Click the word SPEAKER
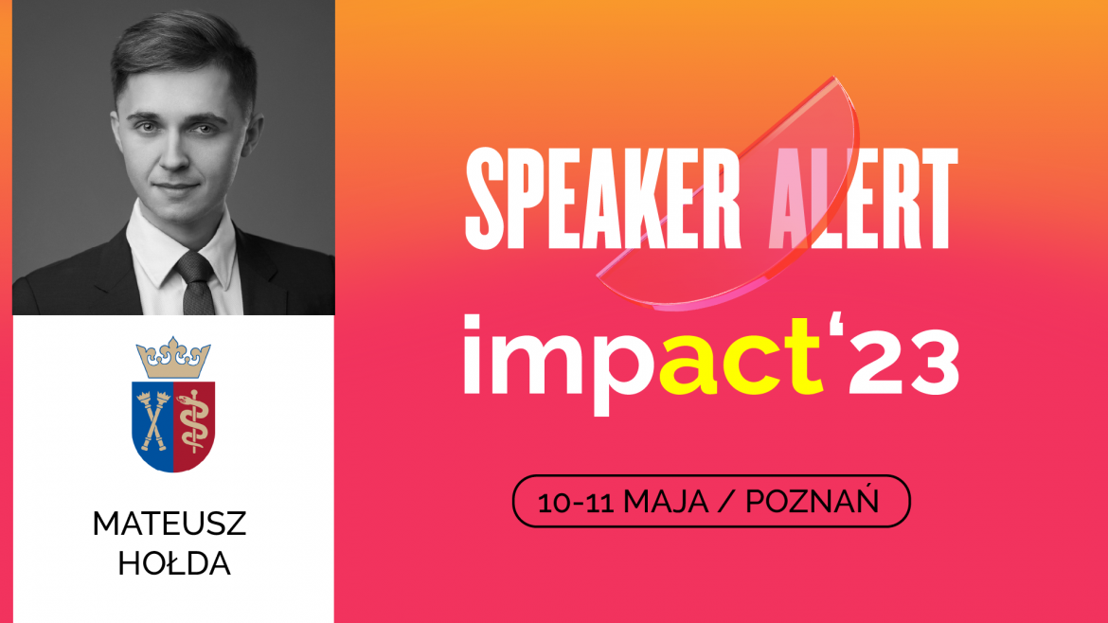(x=602, y=197)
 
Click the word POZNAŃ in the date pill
(x=813, y=502)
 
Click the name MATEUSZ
(x=169, y=525)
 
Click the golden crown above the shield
(x=173, y=357)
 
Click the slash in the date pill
(x=727, y=502)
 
